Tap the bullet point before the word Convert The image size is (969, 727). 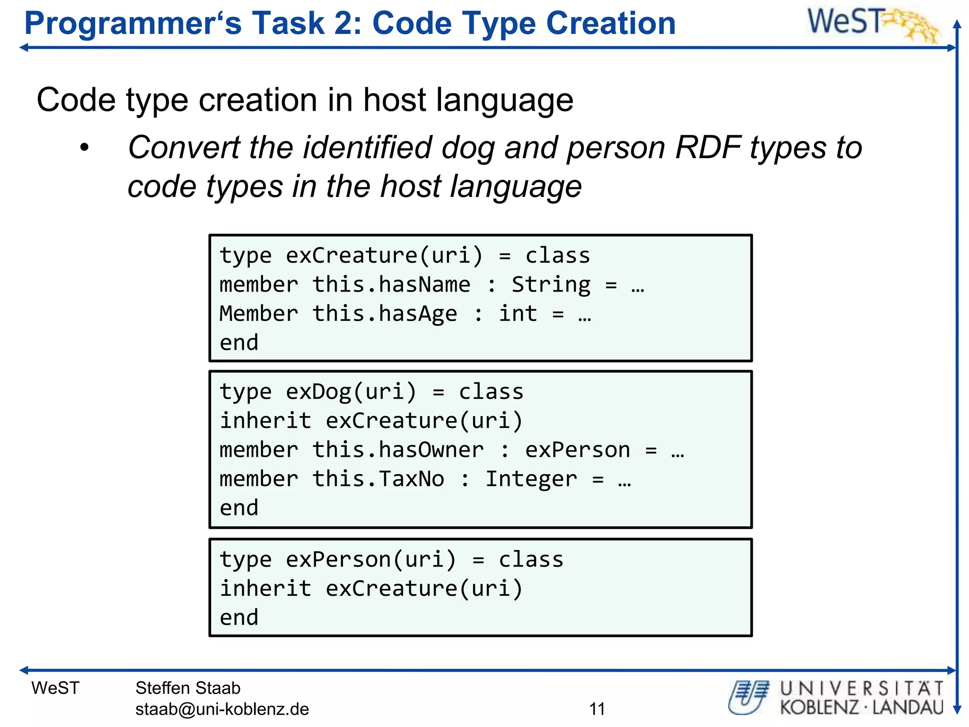84,148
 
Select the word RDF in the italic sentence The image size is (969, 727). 708,148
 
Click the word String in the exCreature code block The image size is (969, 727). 551,285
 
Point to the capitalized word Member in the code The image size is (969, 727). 259,314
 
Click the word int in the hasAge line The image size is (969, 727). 518,314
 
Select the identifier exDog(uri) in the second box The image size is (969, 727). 351,392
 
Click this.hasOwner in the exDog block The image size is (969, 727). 398,450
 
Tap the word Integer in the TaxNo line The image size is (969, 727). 531,479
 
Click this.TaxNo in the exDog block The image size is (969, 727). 378,479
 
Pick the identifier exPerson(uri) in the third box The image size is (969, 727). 371,560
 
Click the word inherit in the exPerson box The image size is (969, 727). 265,589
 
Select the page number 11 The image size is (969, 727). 597,709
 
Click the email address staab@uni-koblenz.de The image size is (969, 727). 222,709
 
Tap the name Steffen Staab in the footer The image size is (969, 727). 188,688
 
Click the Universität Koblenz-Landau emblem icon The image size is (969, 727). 749,697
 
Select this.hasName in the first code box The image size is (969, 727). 391,285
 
